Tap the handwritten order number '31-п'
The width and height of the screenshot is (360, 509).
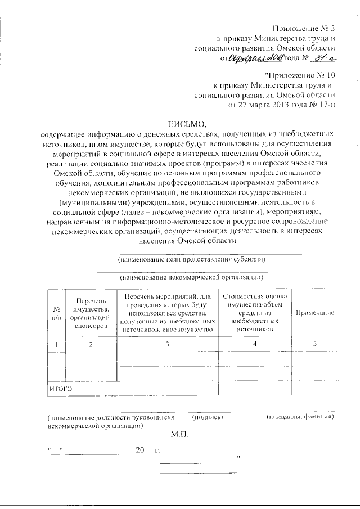[x=323, y=57]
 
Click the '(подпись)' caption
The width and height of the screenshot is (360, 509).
[x=208, y=417]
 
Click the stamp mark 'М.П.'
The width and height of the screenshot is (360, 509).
[x=181, y=435]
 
